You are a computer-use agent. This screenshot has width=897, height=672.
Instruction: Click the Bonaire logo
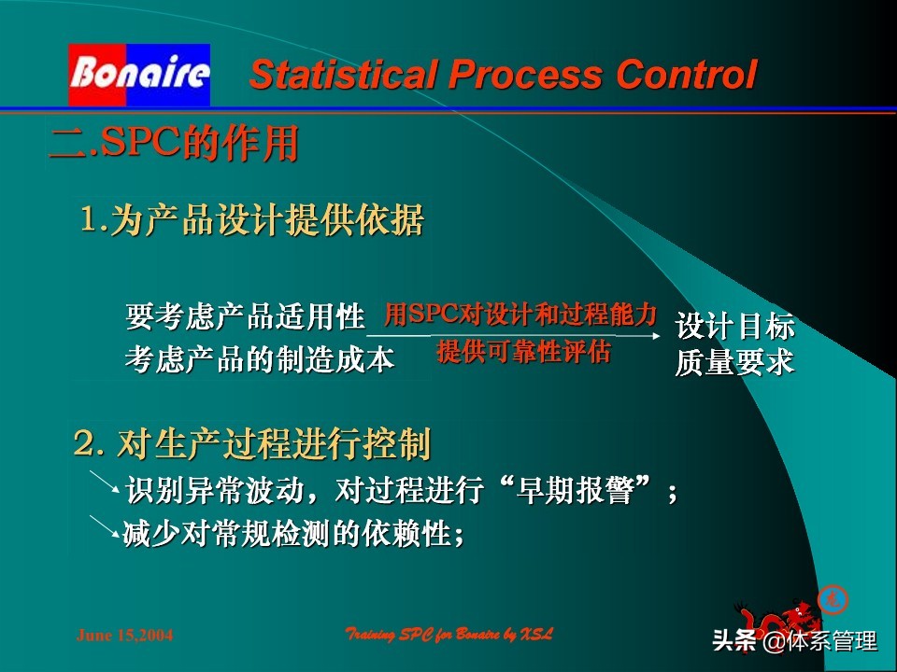(x=138, y=74)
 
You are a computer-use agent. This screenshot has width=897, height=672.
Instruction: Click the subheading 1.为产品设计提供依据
(x=252, y=221)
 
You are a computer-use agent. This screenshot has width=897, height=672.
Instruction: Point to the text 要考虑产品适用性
(x=245, y=317)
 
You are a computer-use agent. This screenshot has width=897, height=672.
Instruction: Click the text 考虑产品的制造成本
(x=260, y=360)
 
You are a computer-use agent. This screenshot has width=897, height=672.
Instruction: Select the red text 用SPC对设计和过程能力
(x=520, y=315)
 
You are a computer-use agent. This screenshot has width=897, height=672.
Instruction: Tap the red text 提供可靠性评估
(x=523, y=352)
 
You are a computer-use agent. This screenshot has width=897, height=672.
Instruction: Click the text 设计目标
(x=734, y=327)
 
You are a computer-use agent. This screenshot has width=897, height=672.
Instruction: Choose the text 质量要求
(x=734, y=362)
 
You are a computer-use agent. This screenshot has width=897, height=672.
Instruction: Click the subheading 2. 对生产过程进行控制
(x=252, y=445)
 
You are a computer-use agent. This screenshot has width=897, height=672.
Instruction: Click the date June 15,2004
(x=124, y=636)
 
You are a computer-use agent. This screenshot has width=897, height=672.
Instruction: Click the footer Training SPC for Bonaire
(x=449, y=635)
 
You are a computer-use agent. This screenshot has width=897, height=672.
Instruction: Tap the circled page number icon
(x=827, y=598)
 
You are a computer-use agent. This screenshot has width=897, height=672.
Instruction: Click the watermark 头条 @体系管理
(x=794, y=641)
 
